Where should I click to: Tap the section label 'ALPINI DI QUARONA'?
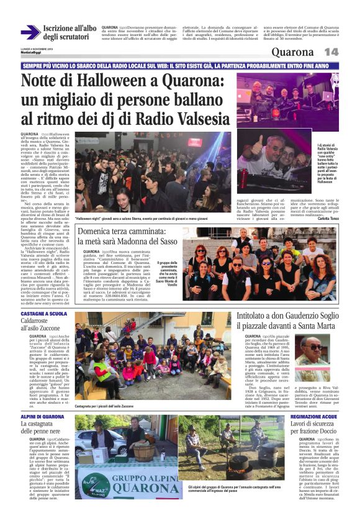[42, 417]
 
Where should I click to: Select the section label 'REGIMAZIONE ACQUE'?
[313, 417]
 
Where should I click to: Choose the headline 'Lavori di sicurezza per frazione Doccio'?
[316, 431]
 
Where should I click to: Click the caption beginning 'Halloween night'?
[151, 219]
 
